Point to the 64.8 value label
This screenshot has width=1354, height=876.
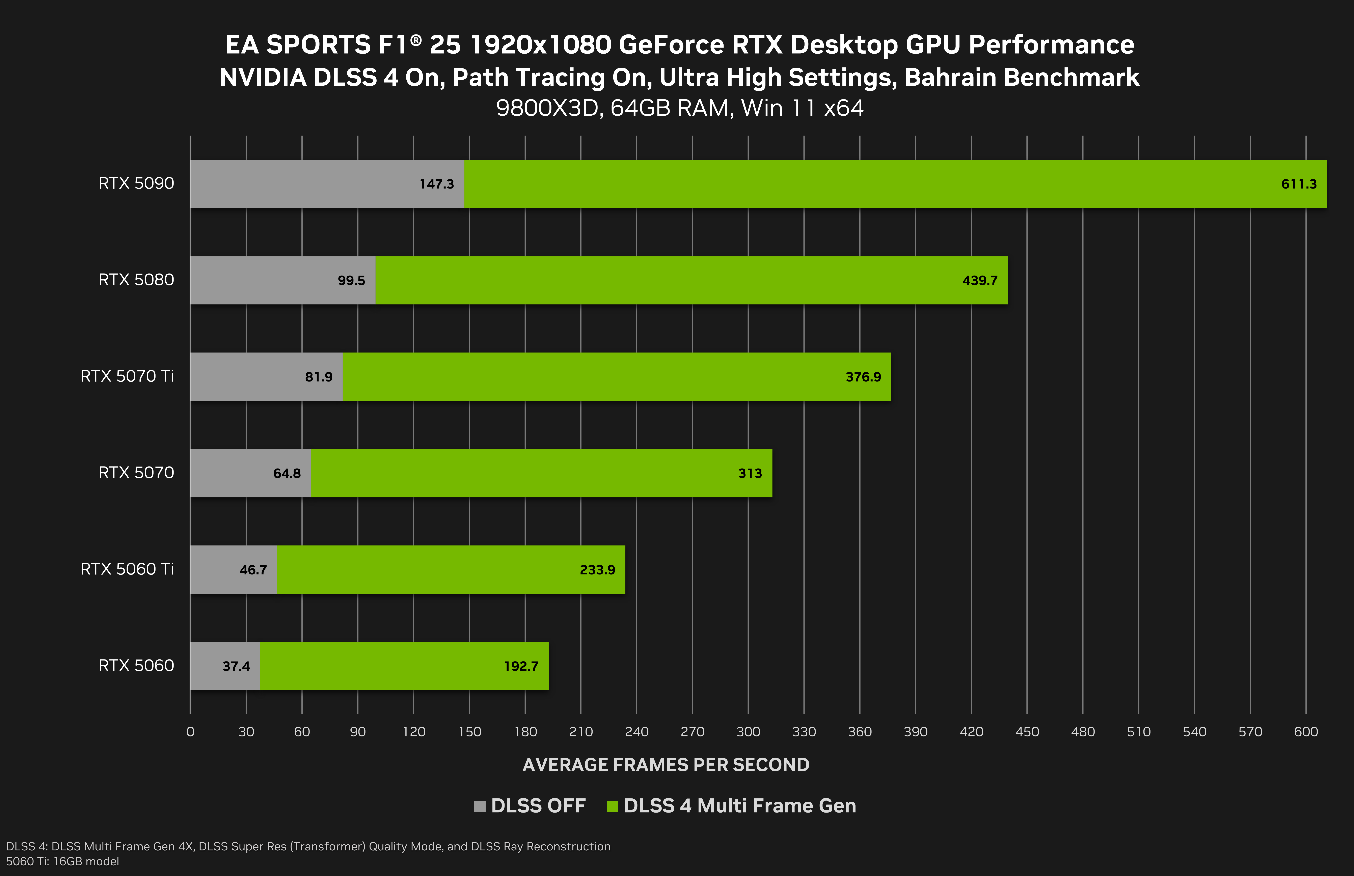tap(287, 473)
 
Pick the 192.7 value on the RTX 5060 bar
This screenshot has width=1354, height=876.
tap(521, 666)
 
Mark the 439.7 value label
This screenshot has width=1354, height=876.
tap(980, 280)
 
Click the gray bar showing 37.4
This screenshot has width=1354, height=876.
tap(225, 666)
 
